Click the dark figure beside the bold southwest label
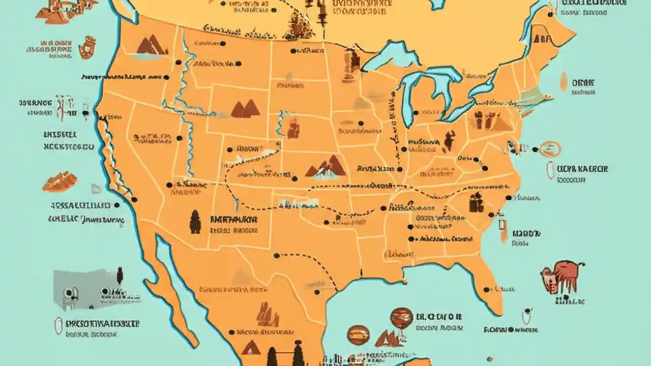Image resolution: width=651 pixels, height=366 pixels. click(195, 222)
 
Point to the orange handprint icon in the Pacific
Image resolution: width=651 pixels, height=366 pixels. click(87, 47)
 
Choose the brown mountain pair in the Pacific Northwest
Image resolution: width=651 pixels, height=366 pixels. click(151, 46)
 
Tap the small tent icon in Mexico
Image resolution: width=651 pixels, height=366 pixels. click(251, 348)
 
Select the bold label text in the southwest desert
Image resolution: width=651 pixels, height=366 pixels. click(233, 220)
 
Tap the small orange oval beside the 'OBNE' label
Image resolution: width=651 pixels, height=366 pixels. click(564, 81)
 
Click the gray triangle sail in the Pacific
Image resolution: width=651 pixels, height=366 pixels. click(96, 189)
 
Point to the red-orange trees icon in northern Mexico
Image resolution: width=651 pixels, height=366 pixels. click(268, 315)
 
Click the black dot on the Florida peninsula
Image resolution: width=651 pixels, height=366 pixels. click(486, 289)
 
